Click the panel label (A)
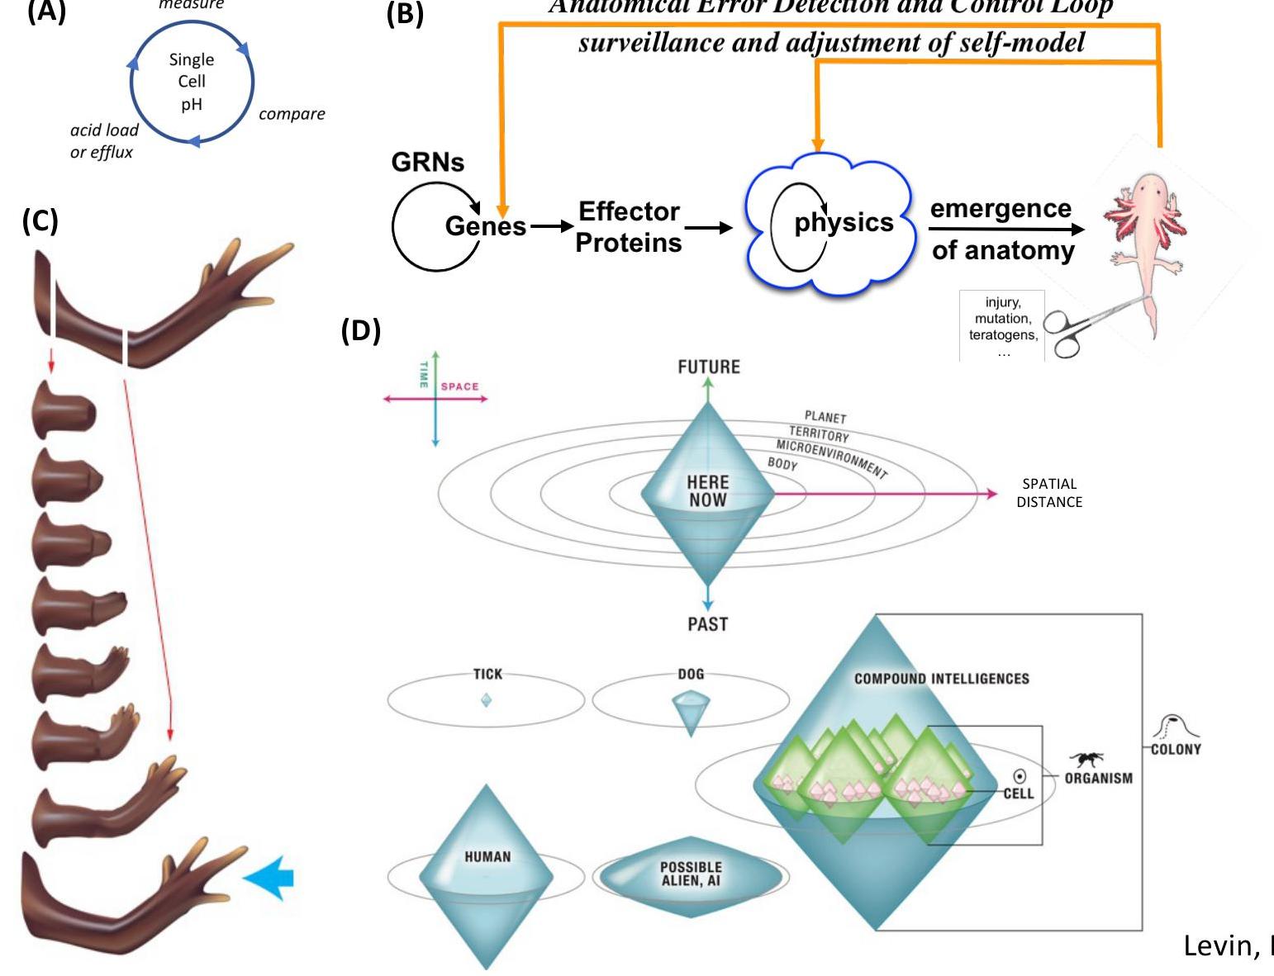(46, 13)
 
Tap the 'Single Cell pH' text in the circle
(192, 82)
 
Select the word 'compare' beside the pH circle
(292, 114)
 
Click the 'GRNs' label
(428, 162)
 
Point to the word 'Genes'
(485, 225)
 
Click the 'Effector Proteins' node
(629, 227)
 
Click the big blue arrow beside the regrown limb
(269, 877)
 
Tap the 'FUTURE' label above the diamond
(709, 367)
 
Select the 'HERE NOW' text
(708, 490)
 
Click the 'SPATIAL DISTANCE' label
(1049, 493)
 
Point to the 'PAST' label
(708, 624)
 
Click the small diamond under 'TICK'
(486, 699)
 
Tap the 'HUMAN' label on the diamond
(487, 857)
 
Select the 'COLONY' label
(1176, 749)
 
